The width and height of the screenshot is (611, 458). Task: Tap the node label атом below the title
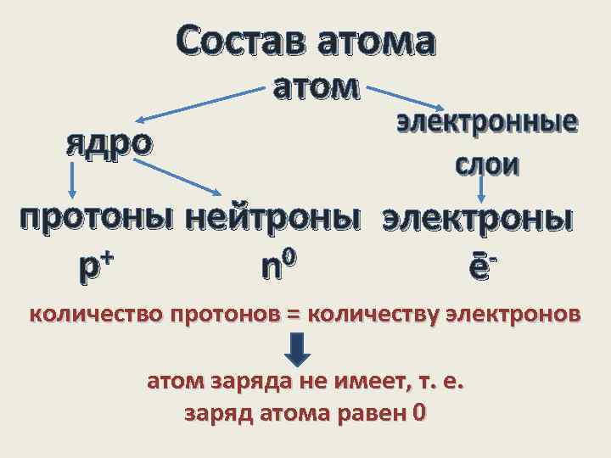point(317,87)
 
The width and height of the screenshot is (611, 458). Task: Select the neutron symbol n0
point(278,266)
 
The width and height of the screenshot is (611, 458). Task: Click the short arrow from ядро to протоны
point(73,182)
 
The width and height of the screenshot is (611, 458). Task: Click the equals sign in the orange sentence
point(294,316)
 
